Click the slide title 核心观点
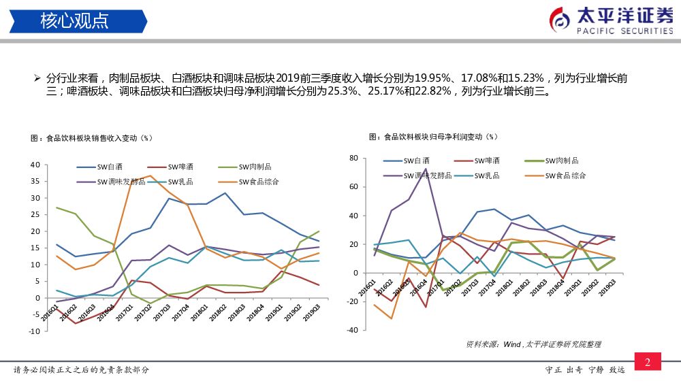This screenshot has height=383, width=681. click(74, 20)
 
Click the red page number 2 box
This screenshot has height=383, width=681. click(648, 362)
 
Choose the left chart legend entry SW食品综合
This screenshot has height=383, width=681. click(259, 182)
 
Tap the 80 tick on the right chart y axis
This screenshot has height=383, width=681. click(353, 158)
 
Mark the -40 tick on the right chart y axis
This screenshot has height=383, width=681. click(351, 330)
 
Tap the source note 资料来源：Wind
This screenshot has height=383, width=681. click(494, 344)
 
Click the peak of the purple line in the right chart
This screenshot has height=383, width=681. click(426, 169)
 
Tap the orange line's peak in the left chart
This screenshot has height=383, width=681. click(151, 176)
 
